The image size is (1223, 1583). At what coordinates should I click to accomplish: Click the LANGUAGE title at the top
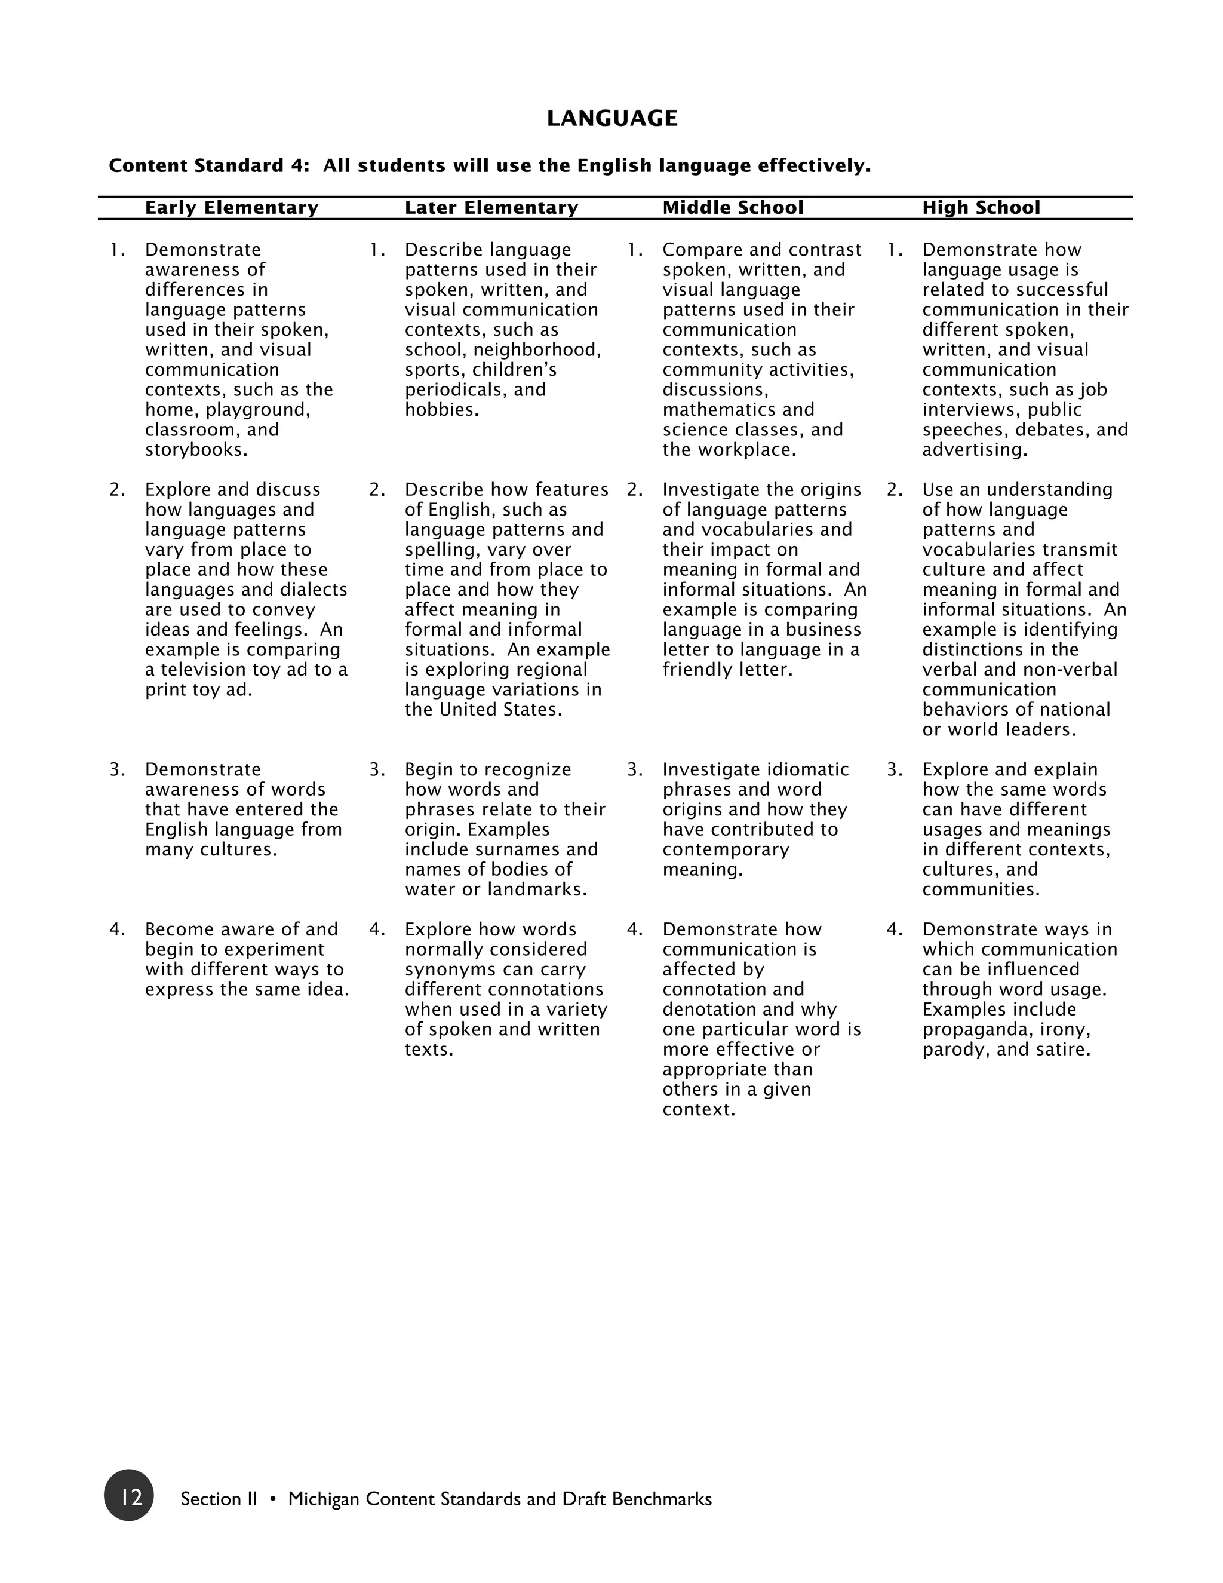coord(611,118)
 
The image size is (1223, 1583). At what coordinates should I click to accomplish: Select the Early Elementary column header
coord(231,208)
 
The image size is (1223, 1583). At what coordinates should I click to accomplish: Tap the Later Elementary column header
coord(491,208)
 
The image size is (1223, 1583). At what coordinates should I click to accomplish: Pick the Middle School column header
coord(733,208)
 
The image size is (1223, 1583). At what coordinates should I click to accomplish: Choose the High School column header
coord(981,208)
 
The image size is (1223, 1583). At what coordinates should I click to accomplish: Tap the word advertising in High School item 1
coord(973,450)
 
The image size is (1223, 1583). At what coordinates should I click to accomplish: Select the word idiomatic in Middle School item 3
coord(807,770)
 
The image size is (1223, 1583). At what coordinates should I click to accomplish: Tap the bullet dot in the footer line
coord(272,1499)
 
